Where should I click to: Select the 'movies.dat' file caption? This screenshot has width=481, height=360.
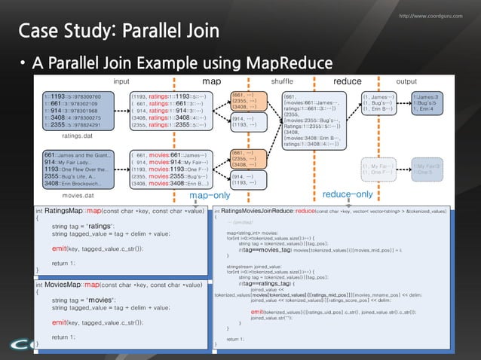pos(77,194)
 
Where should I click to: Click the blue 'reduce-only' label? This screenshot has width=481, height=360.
pos(348,195)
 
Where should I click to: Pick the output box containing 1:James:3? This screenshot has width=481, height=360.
pos(428,102)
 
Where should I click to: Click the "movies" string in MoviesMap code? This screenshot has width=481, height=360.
pos(102,300)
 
